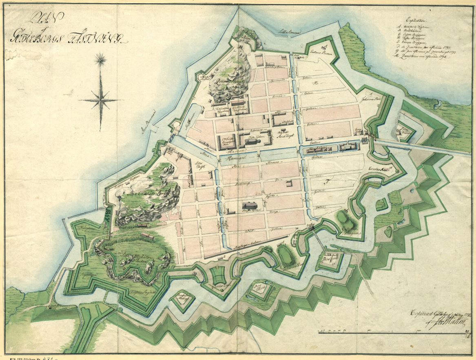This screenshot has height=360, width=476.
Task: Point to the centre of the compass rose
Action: click(100, 99)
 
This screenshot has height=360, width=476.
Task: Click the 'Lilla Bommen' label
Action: click(288, 31)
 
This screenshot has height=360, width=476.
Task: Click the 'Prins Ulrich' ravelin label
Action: click(257, 287)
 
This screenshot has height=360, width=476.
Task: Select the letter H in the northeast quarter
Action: click(314, 83)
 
